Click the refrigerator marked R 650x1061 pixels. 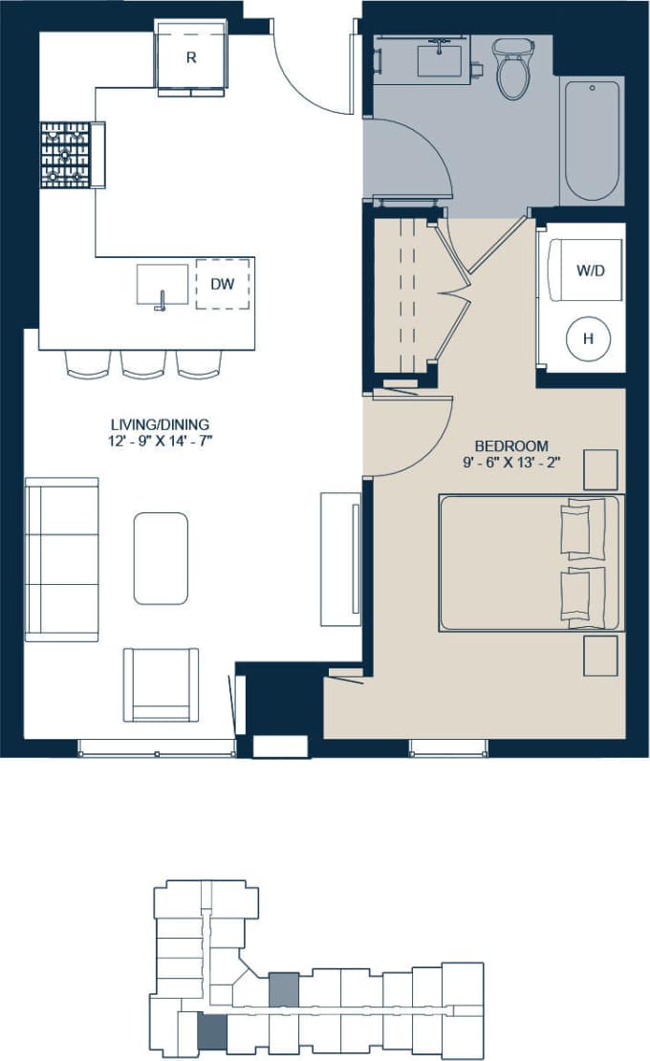[x=191, y=58]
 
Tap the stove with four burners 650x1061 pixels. [x=65, y=155]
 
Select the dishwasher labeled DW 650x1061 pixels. [x=223, y=284]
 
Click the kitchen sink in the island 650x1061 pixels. [x=162, y=285]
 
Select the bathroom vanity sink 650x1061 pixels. [x=441, y=57]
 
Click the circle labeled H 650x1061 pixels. [x=589, y=337]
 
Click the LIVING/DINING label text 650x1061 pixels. [x=160, y=424]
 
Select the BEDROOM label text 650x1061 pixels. [x=511, y=445]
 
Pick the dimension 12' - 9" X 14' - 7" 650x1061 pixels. [x=160, y=442]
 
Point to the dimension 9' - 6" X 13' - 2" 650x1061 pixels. [x=511, y=463]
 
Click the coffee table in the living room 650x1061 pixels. [x=161, y=558]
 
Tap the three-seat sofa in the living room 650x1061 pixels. [x=62, y=559]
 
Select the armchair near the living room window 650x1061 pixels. [x=161, y=684]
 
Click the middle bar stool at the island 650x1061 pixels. [x=143, y=364]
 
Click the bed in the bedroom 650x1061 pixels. [x=529, y=562]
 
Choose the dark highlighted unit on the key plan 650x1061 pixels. [x=212, y=1031]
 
